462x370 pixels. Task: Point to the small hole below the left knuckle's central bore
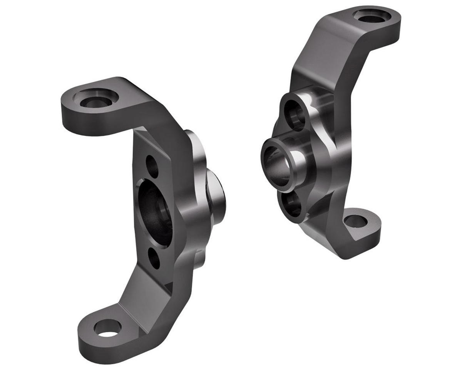point(154,259)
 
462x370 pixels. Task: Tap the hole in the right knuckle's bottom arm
point(357,221)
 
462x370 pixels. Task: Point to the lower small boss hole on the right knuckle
point(293,204)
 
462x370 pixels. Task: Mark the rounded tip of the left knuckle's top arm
point(67,106)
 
